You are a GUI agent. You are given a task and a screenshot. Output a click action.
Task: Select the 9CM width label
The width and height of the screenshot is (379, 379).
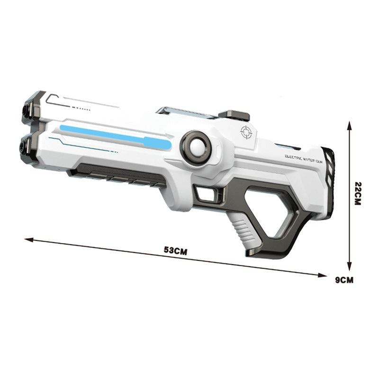pyautogui.click(x=344, y=280)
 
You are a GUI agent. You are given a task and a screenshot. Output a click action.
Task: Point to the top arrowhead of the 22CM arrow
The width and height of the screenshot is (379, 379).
pyautogui.click(x=350, y=124)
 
